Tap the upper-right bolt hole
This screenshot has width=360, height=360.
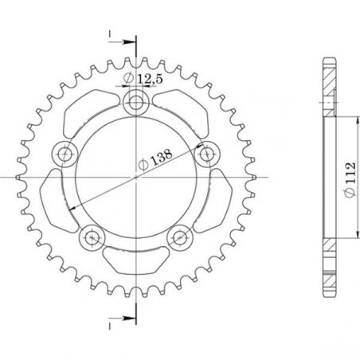tap(209, 153)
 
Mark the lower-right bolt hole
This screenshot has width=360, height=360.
tap(181, 237)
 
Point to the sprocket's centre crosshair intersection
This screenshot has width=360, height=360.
tap(136, 177)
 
